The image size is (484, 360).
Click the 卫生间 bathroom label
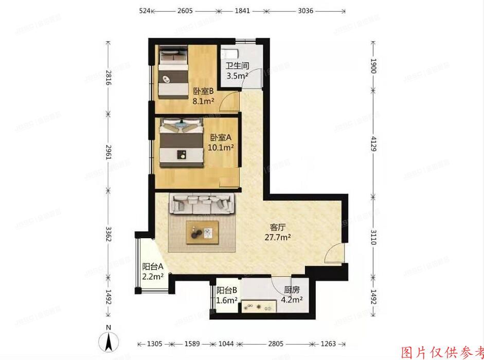[x=238, y=66]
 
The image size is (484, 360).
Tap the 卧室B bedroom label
[x=203, y=91]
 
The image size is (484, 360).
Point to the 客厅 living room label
[x=278, y=227]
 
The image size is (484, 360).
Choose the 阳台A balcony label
[x=153, y=266]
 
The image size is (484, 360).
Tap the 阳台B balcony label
[x=226, y=290]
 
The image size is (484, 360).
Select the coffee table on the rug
[x=202, y=233]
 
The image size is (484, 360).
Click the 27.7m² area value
[x=278, y=237]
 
